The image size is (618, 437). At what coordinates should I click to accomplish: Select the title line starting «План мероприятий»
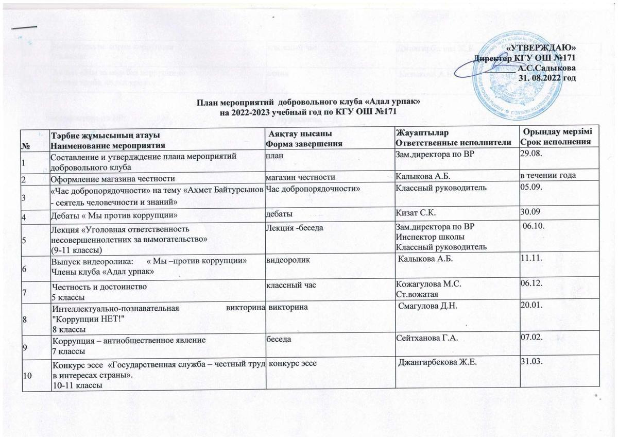click(309, 103)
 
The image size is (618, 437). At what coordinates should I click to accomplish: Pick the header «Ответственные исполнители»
click(453, 142)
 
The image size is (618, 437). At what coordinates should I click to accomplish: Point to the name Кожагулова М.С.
click(428, 284)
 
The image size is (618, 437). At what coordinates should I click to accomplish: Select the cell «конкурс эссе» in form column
click(293, 363)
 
